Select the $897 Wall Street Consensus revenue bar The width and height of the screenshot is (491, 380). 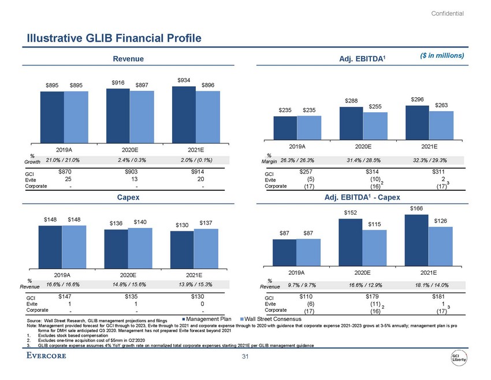click(142, 116)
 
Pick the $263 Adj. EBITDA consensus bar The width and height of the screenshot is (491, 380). click(441, 125)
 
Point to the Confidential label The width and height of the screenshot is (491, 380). click(447, 13)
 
